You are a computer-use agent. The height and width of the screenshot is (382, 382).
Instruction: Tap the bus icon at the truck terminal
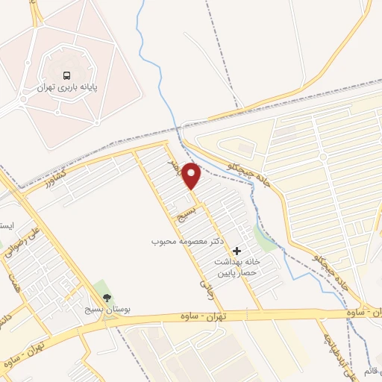[67, 75]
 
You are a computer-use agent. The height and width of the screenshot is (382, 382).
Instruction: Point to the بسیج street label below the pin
[184, 216]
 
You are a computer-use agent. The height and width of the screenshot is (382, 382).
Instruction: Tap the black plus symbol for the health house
[237, 251]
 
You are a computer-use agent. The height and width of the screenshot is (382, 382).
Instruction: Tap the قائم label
[373, 370]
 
